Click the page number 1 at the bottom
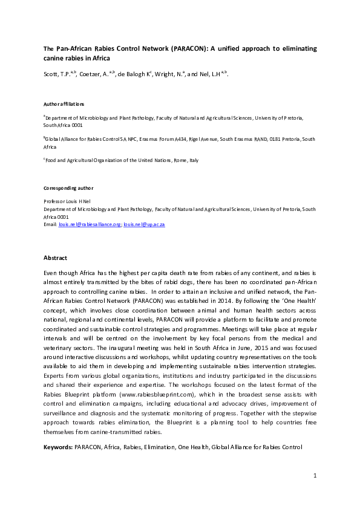click(x=315, y=476)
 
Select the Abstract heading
click(x=56, y=258)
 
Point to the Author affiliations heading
click(x=64, y=104)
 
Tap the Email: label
click(x=50, y=224)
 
